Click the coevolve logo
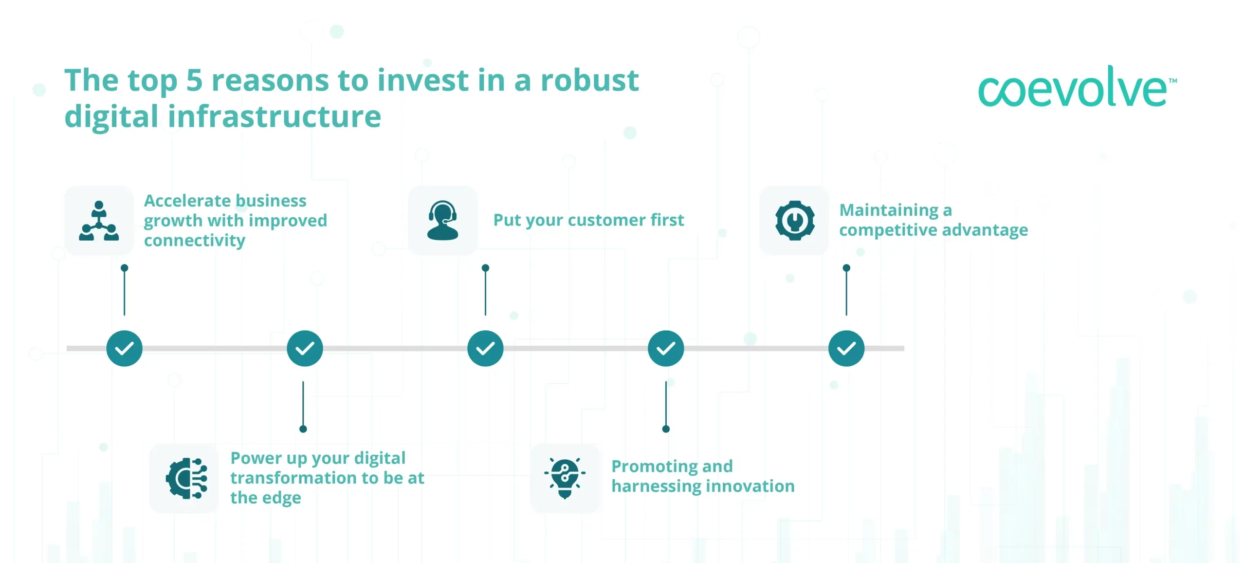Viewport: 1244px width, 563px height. (x=1076, y=88)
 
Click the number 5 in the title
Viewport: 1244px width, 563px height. (x=194, y=80)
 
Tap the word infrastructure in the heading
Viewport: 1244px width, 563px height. (x=274, y=117)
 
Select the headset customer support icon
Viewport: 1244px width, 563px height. (x=442, y=220)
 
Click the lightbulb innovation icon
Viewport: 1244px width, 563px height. (x=565, y=478)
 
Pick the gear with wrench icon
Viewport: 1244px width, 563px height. (x=794, y=220)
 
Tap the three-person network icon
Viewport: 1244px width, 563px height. (x=99, y=221)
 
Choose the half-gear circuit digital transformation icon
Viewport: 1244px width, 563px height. (x=186, y=478)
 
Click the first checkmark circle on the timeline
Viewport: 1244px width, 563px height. (x=125, y=348)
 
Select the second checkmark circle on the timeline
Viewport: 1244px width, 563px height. (x=305, y=348)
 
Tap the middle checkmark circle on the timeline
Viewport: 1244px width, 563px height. (x=485, y=348)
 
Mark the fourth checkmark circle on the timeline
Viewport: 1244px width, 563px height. (x=666, y=348)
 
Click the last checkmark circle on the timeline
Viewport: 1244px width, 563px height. (x=846, y=348)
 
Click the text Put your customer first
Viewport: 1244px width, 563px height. (x=588, y=220)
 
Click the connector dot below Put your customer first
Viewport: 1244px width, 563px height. (x=485, y=268)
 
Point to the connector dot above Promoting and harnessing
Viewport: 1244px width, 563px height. (x=666, y=429)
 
